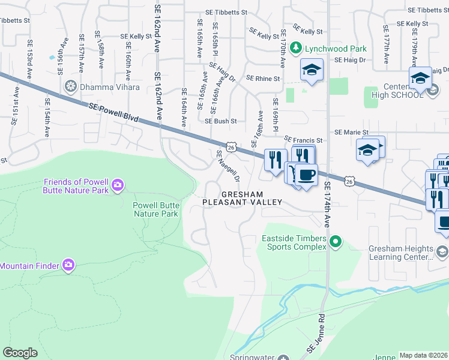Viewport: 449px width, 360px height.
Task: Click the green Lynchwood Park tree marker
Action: tap(295, 47)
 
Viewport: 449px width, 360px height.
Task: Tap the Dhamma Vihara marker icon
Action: tap(71, 87)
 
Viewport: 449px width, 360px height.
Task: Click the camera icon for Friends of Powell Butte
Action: tap(118, 185)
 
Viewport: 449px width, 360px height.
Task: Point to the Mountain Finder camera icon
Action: tap(68, 265)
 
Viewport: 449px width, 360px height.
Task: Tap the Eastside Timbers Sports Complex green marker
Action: tap(336, 242)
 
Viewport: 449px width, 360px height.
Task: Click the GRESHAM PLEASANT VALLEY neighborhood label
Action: tap(242, 199)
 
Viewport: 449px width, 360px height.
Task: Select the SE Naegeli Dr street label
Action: tap(228, 166)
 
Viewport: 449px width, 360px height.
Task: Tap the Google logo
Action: tap(20, 353)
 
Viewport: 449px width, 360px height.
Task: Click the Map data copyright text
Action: tap(423, 355)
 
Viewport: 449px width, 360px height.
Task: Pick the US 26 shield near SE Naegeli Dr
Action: tap(231, 146)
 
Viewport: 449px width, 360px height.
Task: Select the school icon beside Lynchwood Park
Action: tap(312, 70)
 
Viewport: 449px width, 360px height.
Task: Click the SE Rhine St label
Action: tap(263, 79)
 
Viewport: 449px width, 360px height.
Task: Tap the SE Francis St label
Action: tap(303, 140)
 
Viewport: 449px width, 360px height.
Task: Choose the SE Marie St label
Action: tap(351, 132)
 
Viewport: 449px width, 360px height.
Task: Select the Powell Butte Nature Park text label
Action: tap(155, 209)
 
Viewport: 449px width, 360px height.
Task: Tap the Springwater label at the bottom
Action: tap(256, 356)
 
